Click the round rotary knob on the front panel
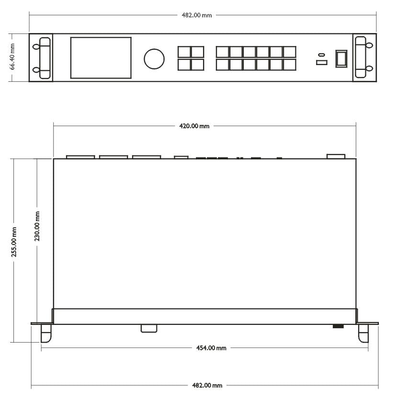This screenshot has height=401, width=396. pos(154,58)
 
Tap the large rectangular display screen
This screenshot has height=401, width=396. pos(101,57)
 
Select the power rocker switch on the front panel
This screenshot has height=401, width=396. pos(341,58)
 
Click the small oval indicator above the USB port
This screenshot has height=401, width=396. pos(321,54)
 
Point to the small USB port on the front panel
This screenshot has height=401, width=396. pos(321,63)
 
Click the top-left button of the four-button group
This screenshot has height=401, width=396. pos(184,52)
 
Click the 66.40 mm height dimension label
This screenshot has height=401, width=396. pos(13,57)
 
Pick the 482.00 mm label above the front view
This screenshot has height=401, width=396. pos(196,15)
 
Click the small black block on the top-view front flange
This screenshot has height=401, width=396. pos(338,326)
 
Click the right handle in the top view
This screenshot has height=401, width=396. pos(363,333)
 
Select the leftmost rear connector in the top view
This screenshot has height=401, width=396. pos(80,156)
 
